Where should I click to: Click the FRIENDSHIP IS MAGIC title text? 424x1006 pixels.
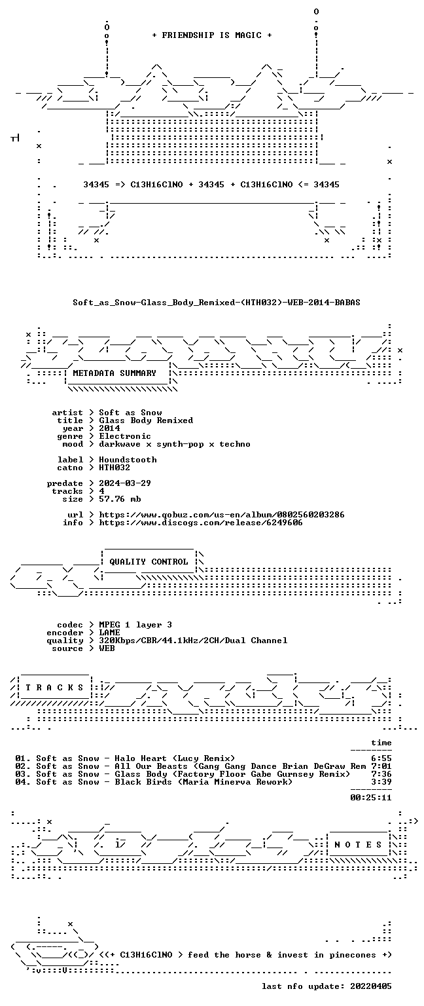[212, 35]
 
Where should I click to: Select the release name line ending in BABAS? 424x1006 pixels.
[217, 302]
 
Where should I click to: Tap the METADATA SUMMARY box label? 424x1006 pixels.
[115, 373]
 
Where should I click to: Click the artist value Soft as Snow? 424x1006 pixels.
[131, 412]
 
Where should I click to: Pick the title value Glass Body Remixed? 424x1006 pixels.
[147, 420]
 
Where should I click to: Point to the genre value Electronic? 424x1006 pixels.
[125, 436]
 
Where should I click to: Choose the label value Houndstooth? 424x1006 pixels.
[128, 459]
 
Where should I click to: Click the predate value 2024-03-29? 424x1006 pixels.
[125, 483]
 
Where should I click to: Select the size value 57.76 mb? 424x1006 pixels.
[120, 499]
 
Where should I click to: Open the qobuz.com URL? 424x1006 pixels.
[222, 515]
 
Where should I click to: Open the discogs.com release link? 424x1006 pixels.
[201, 522]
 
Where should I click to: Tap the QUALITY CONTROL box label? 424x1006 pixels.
[149, 562]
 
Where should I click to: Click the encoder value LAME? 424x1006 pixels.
[109, 632]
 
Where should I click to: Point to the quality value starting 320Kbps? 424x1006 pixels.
[194, 641]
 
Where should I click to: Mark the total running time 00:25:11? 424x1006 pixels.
[371, 798]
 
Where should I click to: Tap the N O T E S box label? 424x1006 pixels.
[358, 845]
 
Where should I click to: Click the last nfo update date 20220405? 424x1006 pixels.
[371, 986]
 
